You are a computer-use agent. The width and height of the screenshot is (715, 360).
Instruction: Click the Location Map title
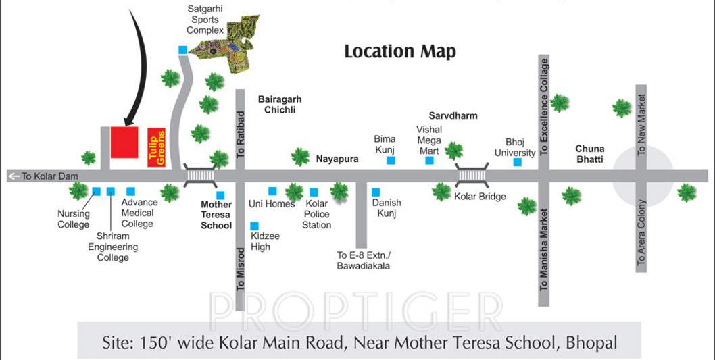(x=400, y=51)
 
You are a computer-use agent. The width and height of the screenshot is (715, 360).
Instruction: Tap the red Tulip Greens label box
(x=157, y=147)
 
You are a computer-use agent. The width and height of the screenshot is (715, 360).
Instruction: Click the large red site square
(x=125, y=143)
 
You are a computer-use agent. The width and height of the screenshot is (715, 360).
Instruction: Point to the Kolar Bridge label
(x=480, y=197)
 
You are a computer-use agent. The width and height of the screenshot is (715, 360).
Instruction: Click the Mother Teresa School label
(x=216, y=215)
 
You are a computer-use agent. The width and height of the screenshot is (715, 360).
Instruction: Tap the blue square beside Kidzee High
(x=254, y=226)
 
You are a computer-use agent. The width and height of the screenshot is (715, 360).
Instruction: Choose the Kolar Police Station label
(x=317, y=214)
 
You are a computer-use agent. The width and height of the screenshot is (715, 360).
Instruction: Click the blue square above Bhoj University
(x=517, y=162)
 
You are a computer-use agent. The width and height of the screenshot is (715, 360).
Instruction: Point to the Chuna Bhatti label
(x=590, y=154)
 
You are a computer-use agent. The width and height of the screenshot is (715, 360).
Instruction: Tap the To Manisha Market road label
(x=544, y=249)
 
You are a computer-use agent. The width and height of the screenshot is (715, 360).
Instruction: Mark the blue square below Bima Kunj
(x=391, y=161)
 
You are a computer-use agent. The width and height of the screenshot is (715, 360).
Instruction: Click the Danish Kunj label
(x=387, y=208)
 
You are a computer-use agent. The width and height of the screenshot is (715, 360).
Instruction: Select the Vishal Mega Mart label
(x=429, y=140)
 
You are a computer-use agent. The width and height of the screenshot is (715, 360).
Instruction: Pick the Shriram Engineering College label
(x=113, y=247)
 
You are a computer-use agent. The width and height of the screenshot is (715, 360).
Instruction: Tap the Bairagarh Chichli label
(x=276, y=104)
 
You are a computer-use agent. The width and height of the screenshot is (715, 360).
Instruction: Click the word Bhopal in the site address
(x=592, y=342)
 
